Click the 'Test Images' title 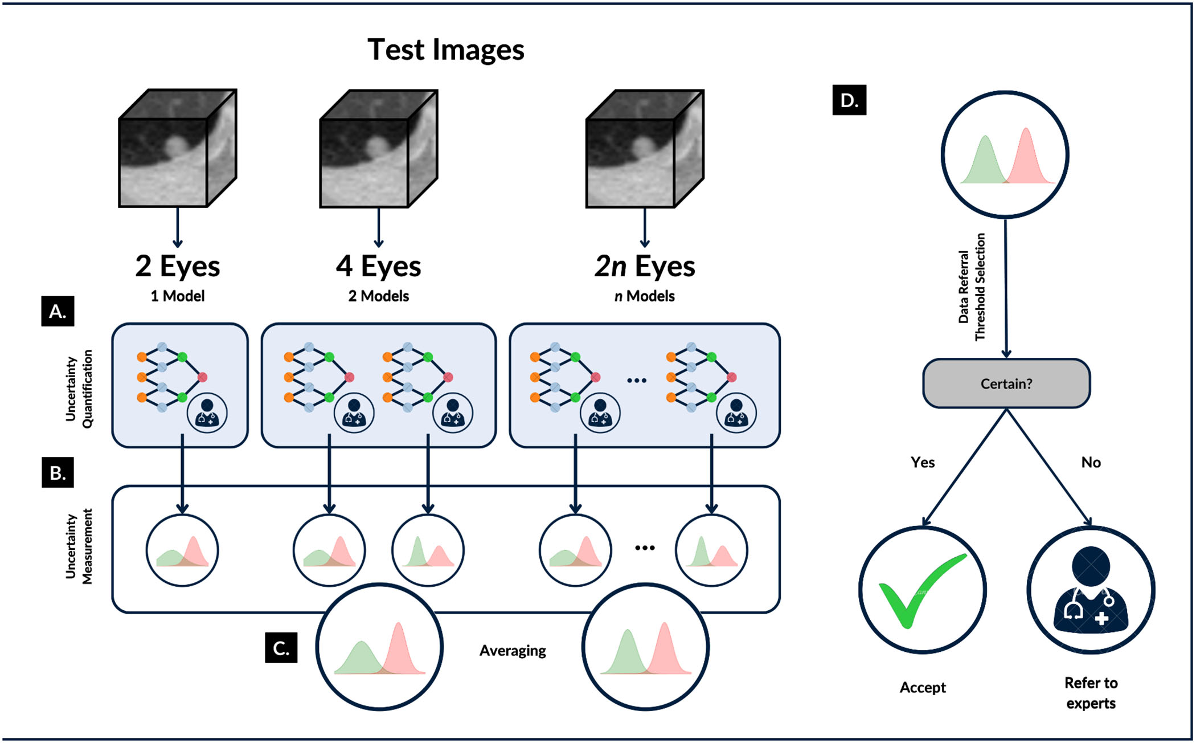pyautogui.click(x=445, y=50)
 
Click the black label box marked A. pyautogui.click(x=58, y=311)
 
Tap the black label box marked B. pyautogui.click(x=58, y=472)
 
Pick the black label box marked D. pyautogui.click(x=849, y=100)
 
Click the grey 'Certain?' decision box pyautogui.click(x=1006, y=383)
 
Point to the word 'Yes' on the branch pyautogui.click(x=923, y=462)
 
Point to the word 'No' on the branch pyautogui.click(x=1091, y=462)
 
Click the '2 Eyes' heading pyautogui.click(x=178, y=266)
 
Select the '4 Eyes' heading pyautogui.click(x=379, y=266)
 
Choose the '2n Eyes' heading pyautogui.click(x=645, y=266)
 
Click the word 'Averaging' pyautogui.click(x=513, y=651)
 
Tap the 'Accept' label pyautogui.click(x=923, y=688)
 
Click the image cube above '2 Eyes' pyautogui.click(x=177, y=148)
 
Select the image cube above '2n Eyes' pyautogui.click(x=645, y=148)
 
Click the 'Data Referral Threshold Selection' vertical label pyautogui.click(x=972, y=287)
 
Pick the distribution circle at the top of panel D pyautogui.click(x=1005, y=154)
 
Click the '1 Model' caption pyautogui.click(x=178, y=296)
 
